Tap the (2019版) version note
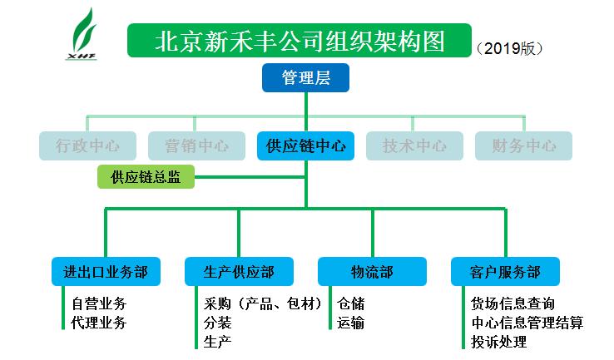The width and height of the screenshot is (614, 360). point(510,48)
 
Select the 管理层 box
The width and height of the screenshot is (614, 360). point(305,78)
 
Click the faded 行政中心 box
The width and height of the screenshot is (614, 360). point(87,146)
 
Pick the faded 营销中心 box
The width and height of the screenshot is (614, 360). point(196,146)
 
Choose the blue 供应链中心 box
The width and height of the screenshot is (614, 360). point(306,146)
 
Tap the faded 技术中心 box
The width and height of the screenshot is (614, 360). point(414,146)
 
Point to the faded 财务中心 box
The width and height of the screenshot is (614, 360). point(523,146)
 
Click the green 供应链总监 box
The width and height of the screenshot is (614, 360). point(146,176)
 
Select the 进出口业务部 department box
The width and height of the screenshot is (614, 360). point(106,272)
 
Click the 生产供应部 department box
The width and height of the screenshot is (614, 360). point(239,272)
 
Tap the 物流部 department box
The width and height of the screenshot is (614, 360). point(372,272)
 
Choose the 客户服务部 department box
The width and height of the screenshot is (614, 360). point(505,272)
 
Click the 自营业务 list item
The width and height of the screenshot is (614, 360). point(99,303)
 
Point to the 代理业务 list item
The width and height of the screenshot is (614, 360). point(99,323)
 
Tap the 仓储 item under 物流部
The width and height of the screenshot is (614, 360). point(351,303)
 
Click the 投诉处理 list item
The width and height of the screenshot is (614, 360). point(498,342)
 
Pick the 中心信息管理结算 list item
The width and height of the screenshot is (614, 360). point(527,323)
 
